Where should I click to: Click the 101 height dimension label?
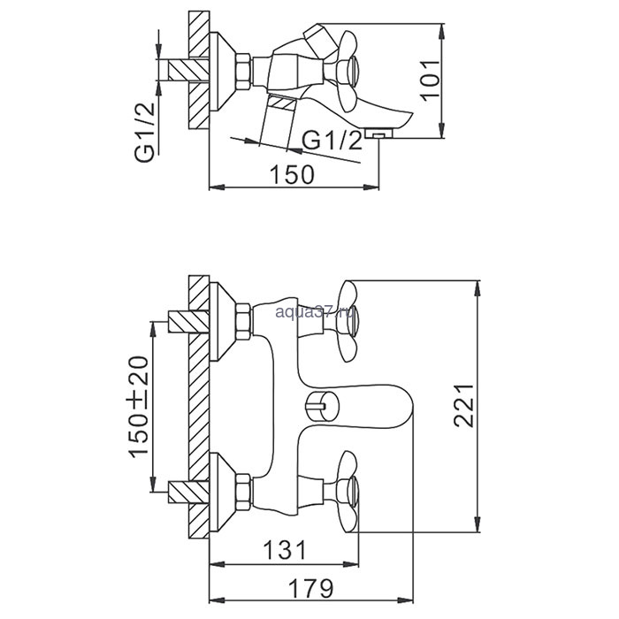click(x=431, y=80)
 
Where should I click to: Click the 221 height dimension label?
click(x=463, y=405)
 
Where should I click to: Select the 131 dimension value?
click(x=284, y=550)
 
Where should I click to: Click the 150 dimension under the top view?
click(x=292, y=174)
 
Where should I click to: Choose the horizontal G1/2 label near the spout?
click(x=332, y=140)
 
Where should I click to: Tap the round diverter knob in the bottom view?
click(x=322, y=407)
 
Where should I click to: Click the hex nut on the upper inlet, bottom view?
click(x=243, y=321)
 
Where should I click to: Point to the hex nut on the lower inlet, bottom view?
click(x=243, y=492)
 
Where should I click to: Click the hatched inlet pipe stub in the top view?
click(x=188, y=70)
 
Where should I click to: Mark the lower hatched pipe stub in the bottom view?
click(x=188, y=492)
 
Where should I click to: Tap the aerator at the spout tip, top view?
click(x=379, y=133)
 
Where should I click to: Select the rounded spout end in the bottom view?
click(x=401, y=407)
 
